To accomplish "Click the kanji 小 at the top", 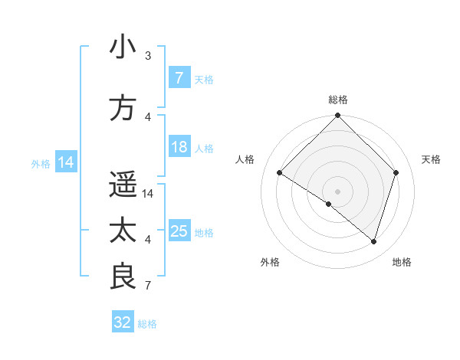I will pyautogui.click(x=123, y=47).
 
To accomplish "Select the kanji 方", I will pyautogui.click(x=123, y=108).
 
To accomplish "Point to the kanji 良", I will pyautogui.click(x=123, y=277).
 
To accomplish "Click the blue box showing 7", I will pyautogui.click(x=179, y=78).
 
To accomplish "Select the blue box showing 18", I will pyautogui.click(x=179, y=147).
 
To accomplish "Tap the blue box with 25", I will pyautogui.click(x=179, y=231).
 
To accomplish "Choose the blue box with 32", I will pyautogui.click(x=123, y=322).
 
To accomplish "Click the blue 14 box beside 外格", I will pyautogui.click(x=65, y=162).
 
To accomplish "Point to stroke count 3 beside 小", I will pyautogui.click(x=148, y=56).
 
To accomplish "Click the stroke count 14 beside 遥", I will pyautogui.click(x=149, y=194).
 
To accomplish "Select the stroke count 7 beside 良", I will pyautogui.click(x=148, y=286).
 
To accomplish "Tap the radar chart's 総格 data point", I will pyautogui.click(x=337, y=116).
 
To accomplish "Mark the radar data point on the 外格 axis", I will pyautogui.click(x=329, y=204).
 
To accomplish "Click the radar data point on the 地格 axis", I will pyautogui.click(x=373, y=241).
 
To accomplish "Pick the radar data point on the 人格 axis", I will pyautogui.click(x=280, y=173).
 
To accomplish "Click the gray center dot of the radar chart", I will pyautogui.click(x=337, y=191).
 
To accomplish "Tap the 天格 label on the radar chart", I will pyautogui.click(x=431, y=159).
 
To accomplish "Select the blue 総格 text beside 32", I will pyautogui.click(x=147, y=324).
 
